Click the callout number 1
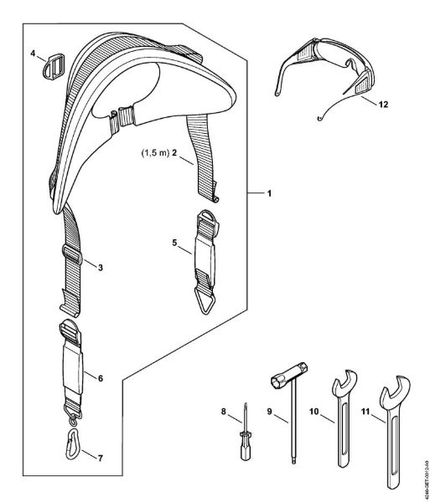(270, 192)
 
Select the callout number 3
(100, 268)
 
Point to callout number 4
(33, 55)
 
